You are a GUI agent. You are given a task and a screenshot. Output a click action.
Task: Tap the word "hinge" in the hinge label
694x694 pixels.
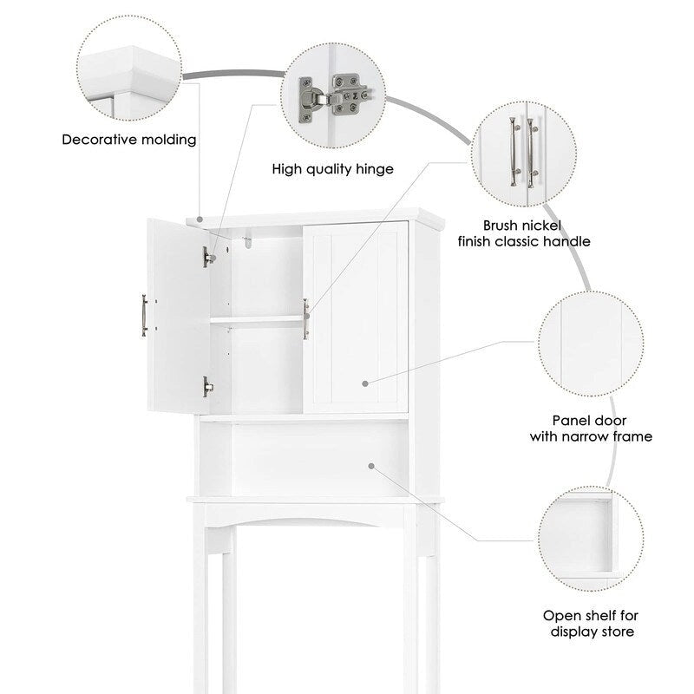click(x=374, y=169)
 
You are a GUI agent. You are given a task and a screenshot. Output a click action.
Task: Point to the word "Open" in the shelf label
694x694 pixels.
click(x=562, y=615)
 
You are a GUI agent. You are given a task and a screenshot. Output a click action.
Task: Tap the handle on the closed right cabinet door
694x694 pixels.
click(x=306, y=318)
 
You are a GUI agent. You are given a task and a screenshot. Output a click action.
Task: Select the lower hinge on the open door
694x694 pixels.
click(x=206, y=386)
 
